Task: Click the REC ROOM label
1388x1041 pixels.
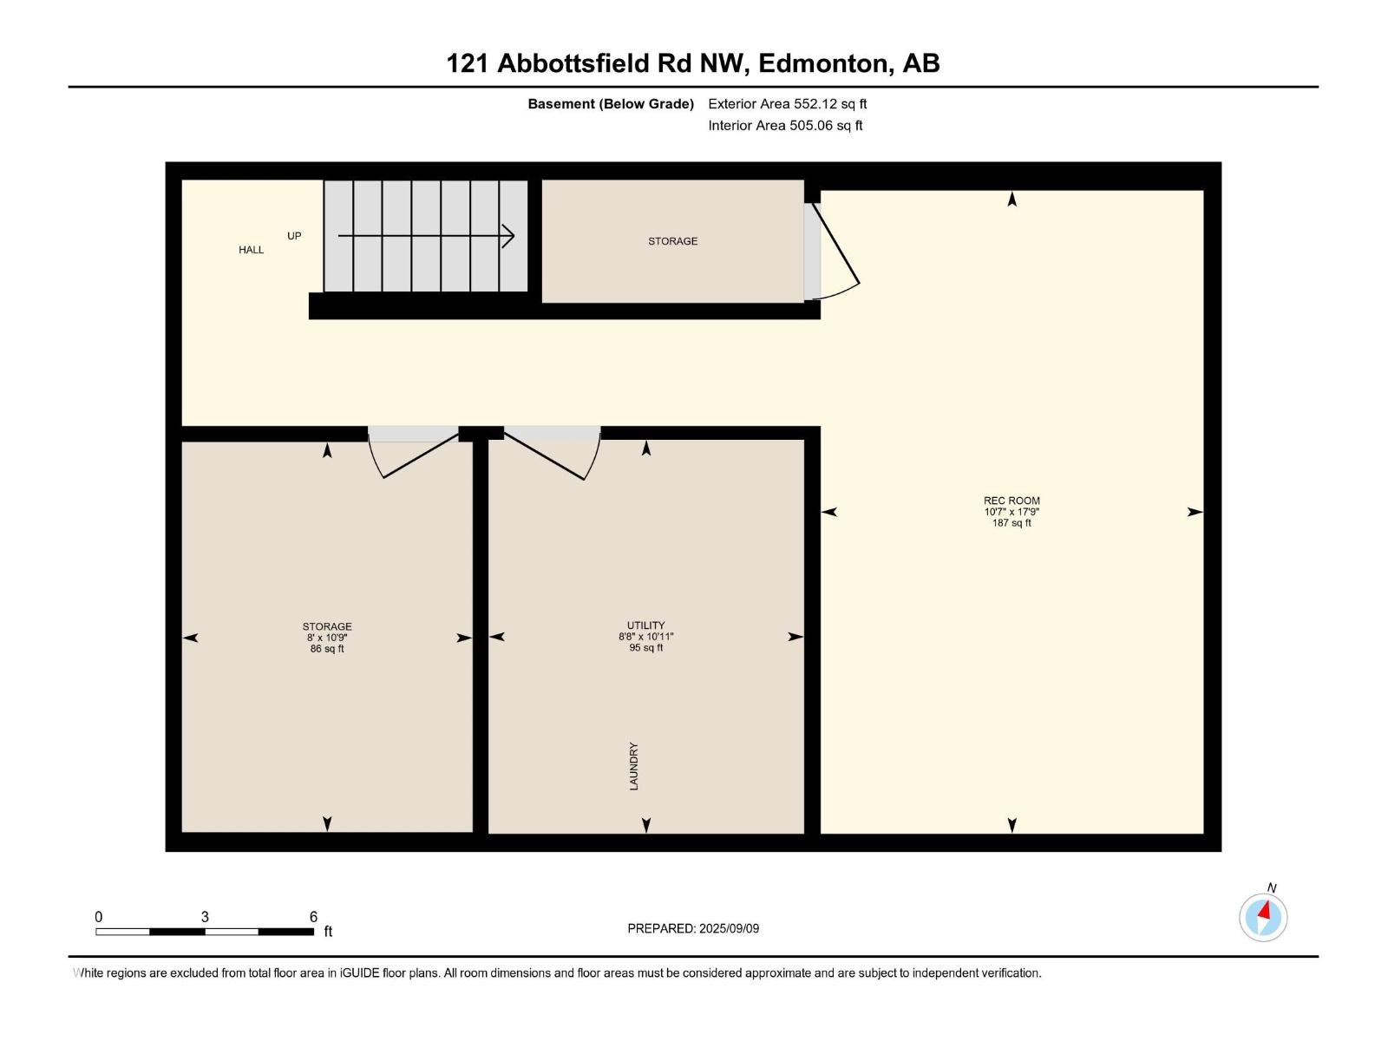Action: pos(1012,501)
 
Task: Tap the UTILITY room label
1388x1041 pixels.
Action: pos(645,625)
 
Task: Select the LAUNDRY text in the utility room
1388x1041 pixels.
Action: pos(633,766)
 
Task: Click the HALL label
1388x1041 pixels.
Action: pos(252,250)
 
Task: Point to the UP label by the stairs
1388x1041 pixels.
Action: pos(294,236)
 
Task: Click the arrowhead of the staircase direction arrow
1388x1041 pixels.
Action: pos(509,236)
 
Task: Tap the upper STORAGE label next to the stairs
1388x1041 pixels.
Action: pos(672,241)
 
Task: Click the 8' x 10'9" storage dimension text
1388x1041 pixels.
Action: pos(327,638)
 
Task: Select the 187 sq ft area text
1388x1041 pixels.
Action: pos(1012,523)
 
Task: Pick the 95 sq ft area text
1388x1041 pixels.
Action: pos(645,648)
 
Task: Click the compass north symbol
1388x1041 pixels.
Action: pos(1263,916)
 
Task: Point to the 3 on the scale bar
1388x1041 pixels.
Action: pos(205,917)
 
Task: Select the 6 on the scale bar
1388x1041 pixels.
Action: pos(313,917)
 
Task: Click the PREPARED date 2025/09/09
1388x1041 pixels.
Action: pos(729,928)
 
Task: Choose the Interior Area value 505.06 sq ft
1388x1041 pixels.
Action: pos(826,126)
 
